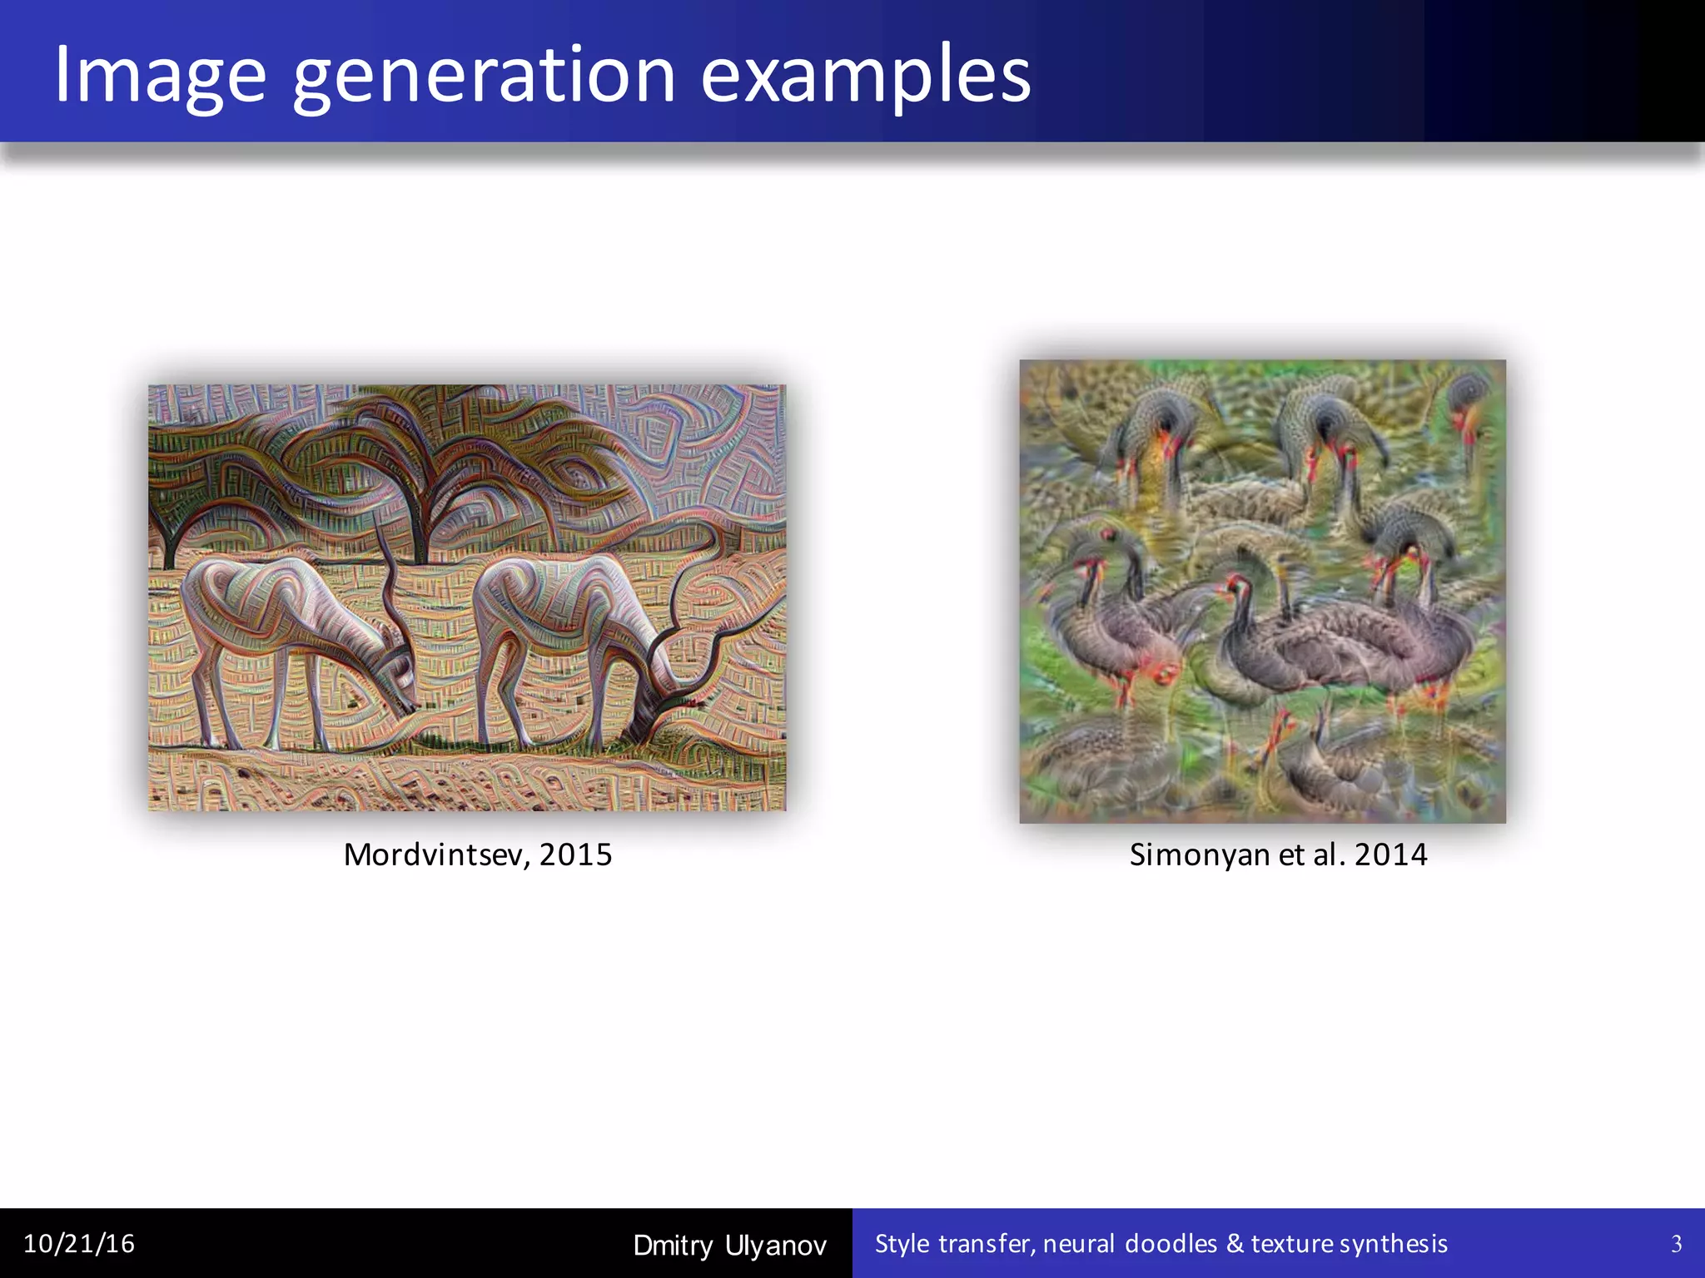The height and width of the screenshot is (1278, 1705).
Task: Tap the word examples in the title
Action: coord(866,77)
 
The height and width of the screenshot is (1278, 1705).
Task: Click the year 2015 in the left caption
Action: coord(576,854)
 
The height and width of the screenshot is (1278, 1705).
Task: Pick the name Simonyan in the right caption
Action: coord(1199,854)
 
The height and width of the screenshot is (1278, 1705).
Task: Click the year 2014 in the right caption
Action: coord(1390,854)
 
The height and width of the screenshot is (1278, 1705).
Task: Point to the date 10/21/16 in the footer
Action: coord(79,1244)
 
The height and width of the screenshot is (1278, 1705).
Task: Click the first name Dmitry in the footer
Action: coord(673,1246)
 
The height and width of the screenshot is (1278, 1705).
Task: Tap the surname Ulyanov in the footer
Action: coord(776,1246)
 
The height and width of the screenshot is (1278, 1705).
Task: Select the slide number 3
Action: coord(1676,1244)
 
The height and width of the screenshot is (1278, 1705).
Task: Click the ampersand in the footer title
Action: coord(1235,1244)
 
